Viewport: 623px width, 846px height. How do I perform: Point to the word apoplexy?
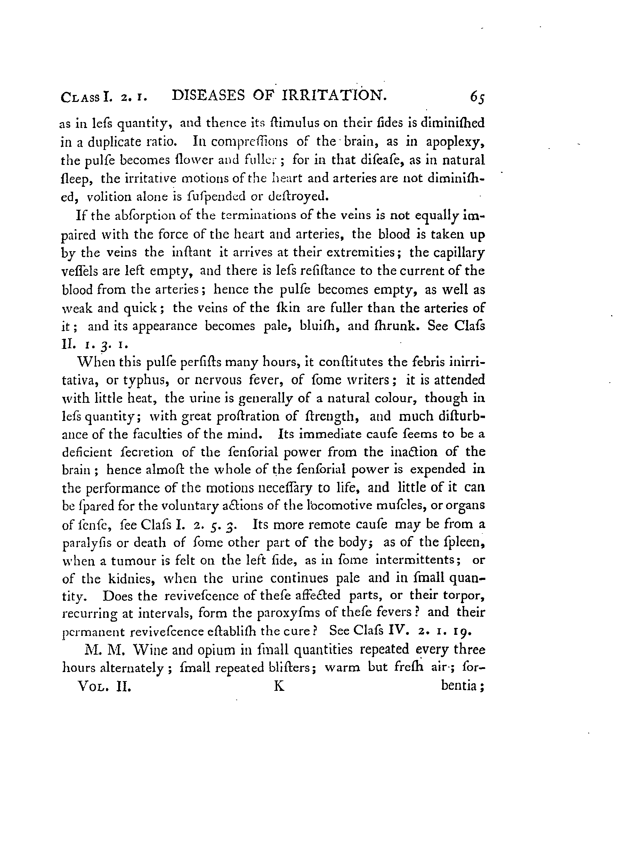(455, 142)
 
